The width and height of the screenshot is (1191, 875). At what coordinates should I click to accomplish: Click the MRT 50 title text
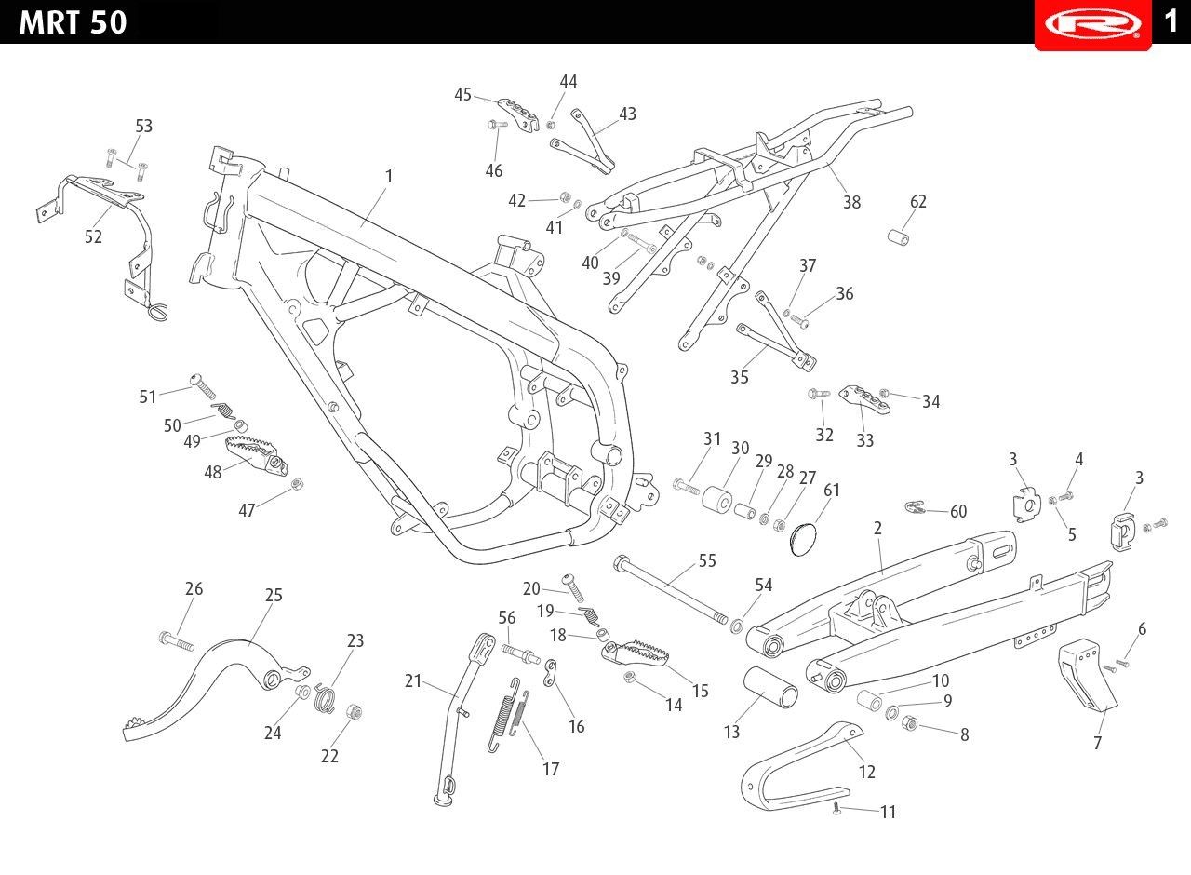click(73, 22)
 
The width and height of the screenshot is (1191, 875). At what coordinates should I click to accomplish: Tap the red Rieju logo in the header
click(1092, 23)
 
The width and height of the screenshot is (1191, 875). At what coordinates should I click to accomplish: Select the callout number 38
click(851, 202)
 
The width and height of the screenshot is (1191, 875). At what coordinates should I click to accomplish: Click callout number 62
click(918, 201)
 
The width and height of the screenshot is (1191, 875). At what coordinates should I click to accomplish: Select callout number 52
click(93, 236)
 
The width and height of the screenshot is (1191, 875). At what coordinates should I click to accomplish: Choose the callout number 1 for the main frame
click(389, 176)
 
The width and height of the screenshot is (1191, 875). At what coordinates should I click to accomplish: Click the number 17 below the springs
click(551, 769)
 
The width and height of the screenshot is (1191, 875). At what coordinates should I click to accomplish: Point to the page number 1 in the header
click(1171, 20)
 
